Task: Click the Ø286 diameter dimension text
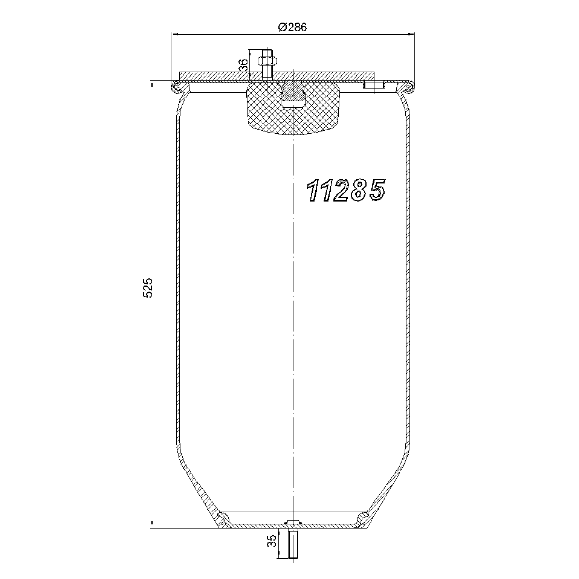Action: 292,28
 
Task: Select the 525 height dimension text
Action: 148,288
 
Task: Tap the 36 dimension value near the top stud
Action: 243,65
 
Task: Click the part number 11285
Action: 345,190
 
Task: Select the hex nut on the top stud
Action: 267,62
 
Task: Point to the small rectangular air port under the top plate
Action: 374,85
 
